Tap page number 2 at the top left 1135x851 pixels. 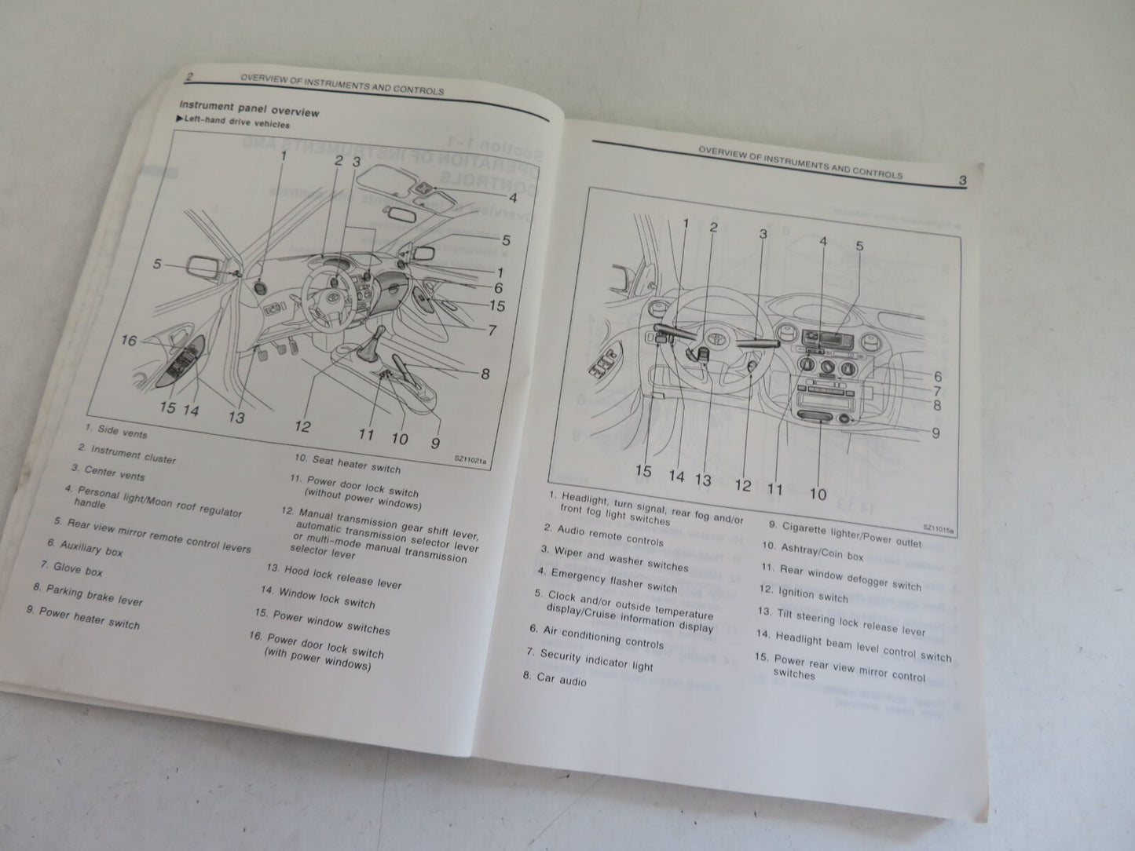click(189, 76)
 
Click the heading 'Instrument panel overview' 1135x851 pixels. click(249, 108)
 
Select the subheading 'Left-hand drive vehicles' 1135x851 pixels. click(236, 123)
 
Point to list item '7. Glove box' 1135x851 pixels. click(71, 568)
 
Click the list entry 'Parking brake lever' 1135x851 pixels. click(88, 594)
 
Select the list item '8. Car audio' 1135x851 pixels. click(561, 678)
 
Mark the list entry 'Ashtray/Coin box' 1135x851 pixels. click(811, 553)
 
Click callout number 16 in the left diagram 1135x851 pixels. click(129, 340)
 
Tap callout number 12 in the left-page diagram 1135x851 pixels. click(303, 427)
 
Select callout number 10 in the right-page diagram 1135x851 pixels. click(817, 494)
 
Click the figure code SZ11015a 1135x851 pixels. click(938, 528)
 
